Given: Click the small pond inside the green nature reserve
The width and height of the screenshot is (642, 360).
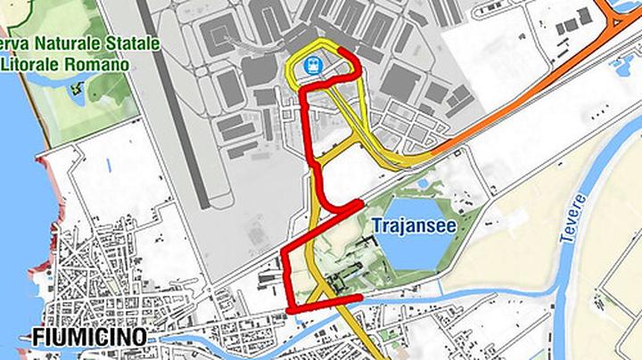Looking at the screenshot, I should pos(75,89).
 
